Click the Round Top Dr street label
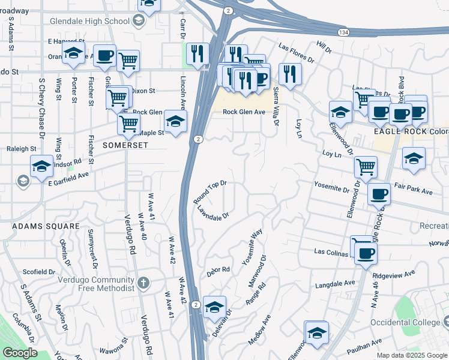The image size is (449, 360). tap(209, 191)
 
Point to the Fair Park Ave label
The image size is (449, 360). tap(414, 190)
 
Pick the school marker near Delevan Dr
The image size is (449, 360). tap(214, 307)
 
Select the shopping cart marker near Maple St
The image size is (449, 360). tap(128, 124)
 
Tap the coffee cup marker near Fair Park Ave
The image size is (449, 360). tap(378, 194)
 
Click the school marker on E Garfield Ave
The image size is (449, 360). tap(41, 166)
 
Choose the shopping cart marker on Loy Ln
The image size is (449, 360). tap(365, 166)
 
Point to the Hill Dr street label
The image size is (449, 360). tap(324, 46)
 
